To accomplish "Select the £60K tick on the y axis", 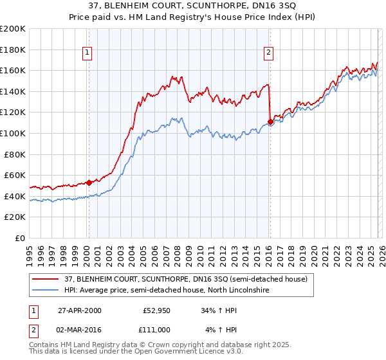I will (15, 175).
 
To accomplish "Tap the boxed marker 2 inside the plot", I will (268, 53).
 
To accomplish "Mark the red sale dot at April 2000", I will (89, 182).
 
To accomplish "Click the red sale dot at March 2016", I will (270, 122).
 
